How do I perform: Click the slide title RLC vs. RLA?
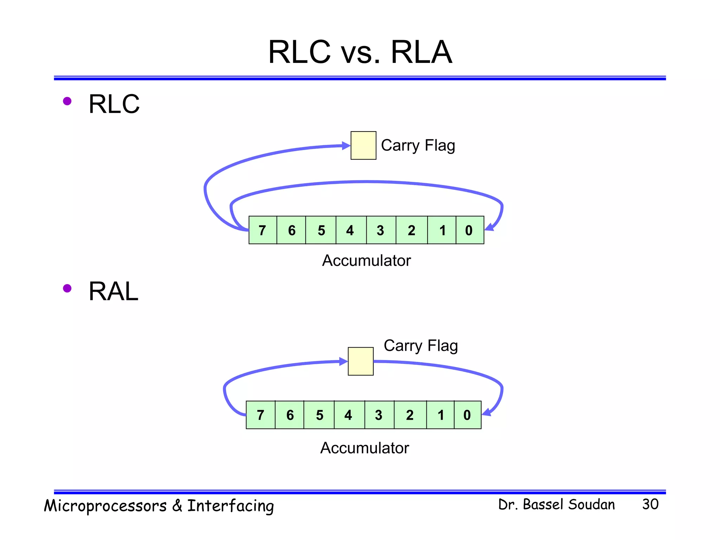(x=360, y=52)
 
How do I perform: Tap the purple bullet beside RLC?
(x=67, y=102)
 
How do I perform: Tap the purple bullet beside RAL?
(x=67, y=289)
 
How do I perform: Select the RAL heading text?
(x=113, y=291)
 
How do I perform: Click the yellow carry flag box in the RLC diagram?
(x=363, y=146)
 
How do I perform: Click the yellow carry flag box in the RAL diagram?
(x=360, y=361)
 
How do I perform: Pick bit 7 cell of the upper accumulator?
(x=263, y=230)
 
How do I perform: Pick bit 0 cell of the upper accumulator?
(x=469, y=230)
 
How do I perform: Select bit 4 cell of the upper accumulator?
(x=351, y=230)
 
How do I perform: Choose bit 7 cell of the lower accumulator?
(x=261, y=415)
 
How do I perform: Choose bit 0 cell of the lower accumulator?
(x=467, y=415)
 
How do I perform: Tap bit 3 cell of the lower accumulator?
(x=379, y=415)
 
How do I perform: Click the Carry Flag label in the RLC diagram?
(x=418, y=146)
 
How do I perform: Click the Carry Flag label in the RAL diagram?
(x=420, y=346)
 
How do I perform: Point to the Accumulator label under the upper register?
(x=366, y=261)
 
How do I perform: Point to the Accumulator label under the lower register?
(x=365, y=448)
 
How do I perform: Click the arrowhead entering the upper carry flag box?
(x=346, y=146)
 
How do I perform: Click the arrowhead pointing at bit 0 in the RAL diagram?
(x=487, y=412)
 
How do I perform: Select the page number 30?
(x=650, y=504)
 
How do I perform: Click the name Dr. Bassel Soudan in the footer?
(x=557, y=504)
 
